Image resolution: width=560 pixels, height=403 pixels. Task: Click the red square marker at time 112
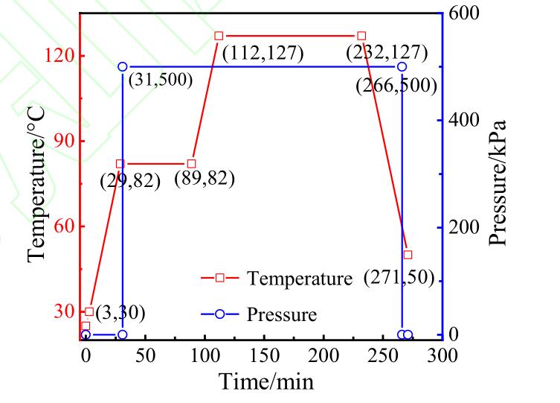coord(219,36)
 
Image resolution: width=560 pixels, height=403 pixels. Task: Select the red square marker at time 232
coord(361,36)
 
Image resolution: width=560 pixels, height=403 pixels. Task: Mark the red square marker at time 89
coord(191,163)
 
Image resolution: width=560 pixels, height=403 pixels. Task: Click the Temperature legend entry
coord(298,279)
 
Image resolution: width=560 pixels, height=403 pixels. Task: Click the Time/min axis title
coord(265,381)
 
